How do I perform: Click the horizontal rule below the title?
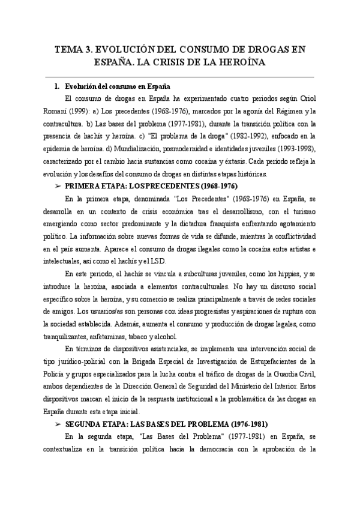(180, 77)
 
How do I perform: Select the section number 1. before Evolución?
(57, 86)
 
